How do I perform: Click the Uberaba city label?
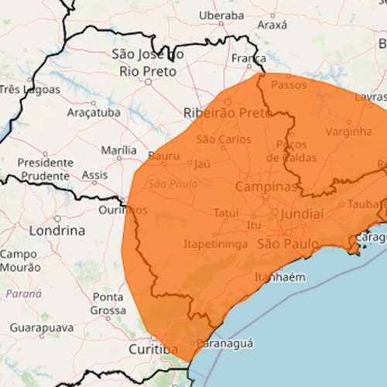click(x=221, y=15)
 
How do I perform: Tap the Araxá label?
click(x=272, y=25)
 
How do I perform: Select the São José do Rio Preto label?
click(x=148, y=63)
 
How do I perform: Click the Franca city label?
click(x=248, y=58)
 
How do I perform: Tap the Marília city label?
click(x=118, y=150)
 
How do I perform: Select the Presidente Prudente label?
click(x=45, y=169)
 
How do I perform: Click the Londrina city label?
click(x=57, y=231)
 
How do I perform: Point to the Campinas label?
click(x=265, y=187)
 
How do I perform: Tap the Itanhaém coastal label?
click(x=279, y=277)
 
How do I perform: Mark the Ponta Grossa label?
click(x=108, y=303)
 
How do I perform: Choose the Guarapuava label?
click(x=42, y=327)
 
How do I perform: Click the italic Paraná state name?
click(x=24, y=293)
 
